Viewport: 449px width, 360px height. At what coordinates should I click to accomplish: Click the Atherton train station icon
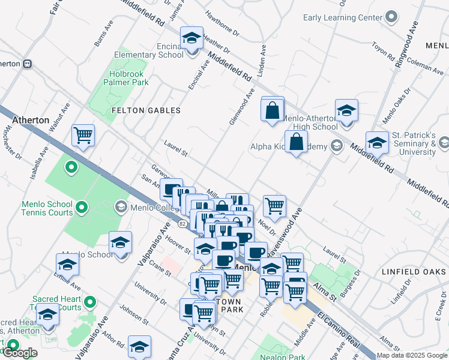click(27, 64)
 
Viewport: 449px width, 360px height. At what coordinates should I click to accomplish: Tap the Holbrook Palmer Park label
click(124, 78)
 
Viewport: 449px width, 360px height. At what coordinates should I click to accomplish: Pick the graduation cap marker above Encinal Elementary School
click(192, 39)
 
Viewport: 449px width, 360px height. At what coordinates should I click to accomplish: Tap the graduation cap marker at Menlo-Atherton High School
click(346, 112)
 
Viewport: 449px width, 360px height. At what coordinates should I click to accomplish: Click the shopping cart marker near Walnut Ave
click(83, 136)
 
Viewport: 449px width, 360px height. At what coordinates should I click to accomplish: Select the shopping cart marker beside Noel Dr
click(274, 206)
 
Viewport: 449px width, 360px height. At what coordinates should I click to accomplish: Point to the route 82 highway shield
click(182, 224)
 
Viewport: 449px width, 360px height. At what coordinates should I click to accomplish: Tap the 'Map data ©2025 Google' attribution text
click(412, 355)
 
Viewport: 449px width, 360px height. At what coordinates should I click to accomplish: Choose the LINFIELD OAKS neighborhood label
click(413, 272)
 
